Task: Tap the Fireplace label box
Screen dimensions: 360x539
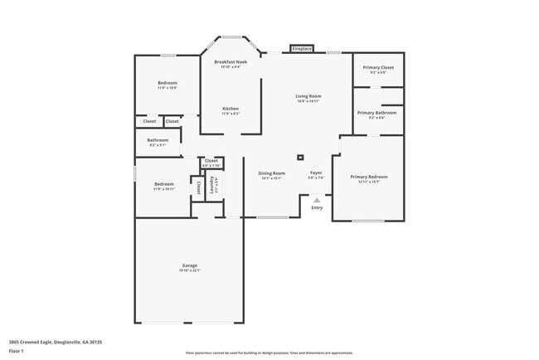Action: [302, 49]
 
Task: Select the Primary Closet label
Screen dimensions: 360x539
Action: [378, 67]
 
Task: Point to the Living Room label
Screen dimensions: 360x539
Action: [308, 96]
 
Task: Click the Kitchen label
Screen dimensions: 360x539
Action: [231, 109]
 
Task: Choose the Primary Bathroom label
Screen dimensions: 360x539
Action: [377, 113]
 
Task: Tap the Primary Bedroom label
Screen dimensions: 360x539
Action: [368, 177]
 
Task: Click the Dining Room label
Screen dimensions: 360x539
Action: [271, 173]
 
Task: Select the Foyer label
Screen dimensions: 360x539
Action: [316, 173]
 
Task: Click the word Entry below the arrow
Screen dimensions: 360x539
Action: [317, 207]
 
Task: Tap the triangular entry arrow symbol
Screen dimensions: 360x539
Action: [317, 199]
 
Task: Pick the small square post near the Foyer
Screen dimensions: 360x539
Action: [302, 156]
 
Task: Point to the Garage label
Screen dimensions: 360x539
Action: [190, 266]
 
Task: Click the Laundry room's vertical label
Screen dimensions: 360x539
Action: [216, 184]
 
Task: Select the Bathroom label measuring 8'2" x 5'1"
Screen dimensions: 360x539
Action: [158, 140]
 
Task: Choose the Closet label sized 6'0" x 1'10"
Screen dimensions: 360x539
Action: [211, 161]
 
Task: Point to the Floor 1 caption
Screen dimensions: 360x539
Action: [17, 351]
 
